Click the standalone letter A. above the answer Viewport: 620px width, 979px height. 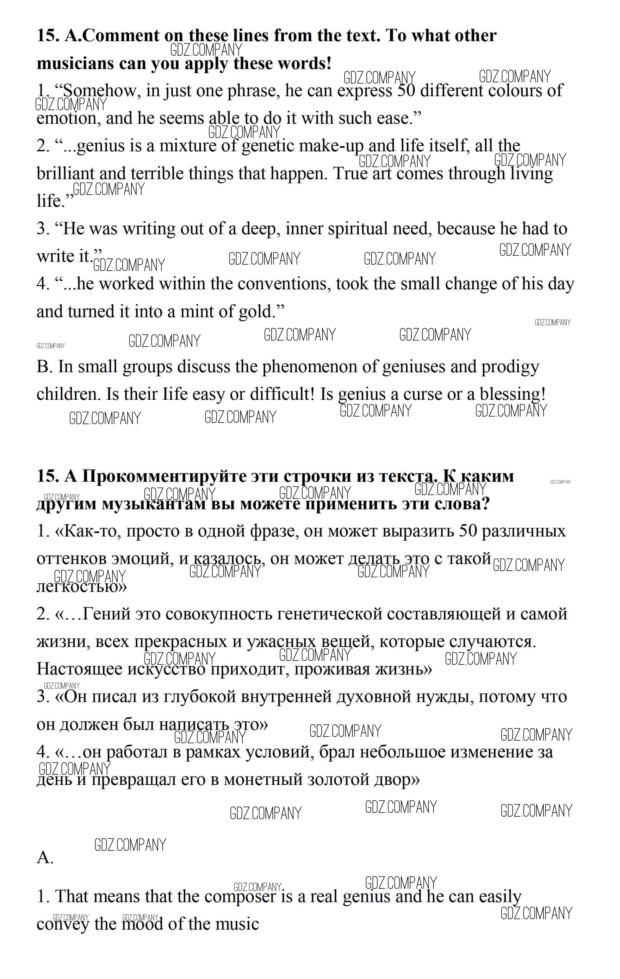[x=45, y=858]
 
